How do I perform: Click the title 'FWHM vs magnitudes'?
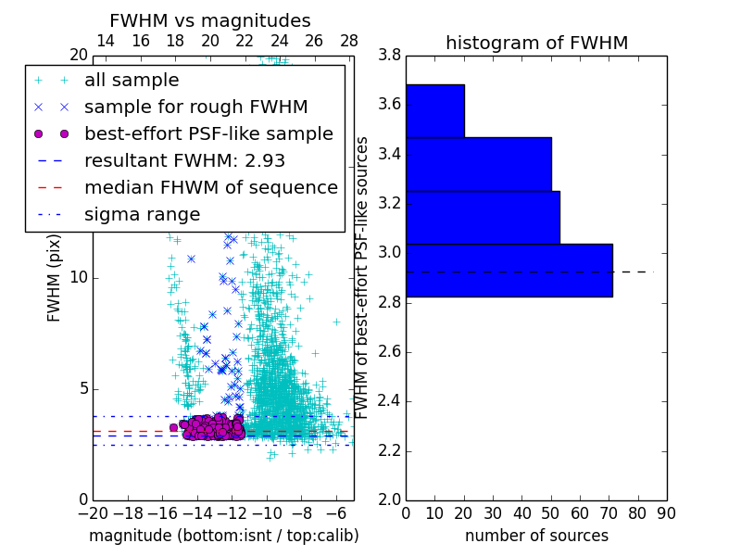pos(210,20)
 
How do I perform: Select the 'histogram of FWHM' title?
pos(536,43)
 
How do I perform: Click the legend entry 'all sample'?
pos(132,81)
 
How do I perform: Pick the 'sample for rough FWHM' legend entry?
pos(195,107)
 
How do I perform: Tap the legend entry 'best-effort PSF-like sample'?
pos(208,134)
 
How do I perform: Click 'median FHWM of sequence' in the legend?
pos(210,188)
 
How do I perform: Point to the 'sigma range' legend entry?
pos(142,215)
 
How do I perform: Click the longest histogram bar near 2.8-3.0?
pos(509,271)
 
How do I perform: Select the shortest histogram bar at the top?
pos(434,111)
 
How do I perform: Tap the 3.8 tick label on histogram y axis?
pos(390,55)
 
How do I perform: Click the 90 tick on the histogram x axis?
pos(666,512)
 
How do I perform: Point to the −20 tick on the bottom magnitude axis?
pos(93,512)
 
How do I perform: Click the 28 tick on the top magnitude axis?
pos(349,42)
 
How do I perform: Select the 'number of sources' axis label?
pos(536,536)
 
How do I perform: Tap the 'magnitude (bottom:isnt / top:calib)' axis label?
pos(223,536)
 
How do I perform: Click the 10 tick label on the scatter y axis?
pos(80,278)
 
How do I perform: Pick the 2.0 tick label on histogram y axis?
pos(390,499)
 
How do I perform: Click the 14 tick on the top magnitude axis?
pos(106,42)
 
